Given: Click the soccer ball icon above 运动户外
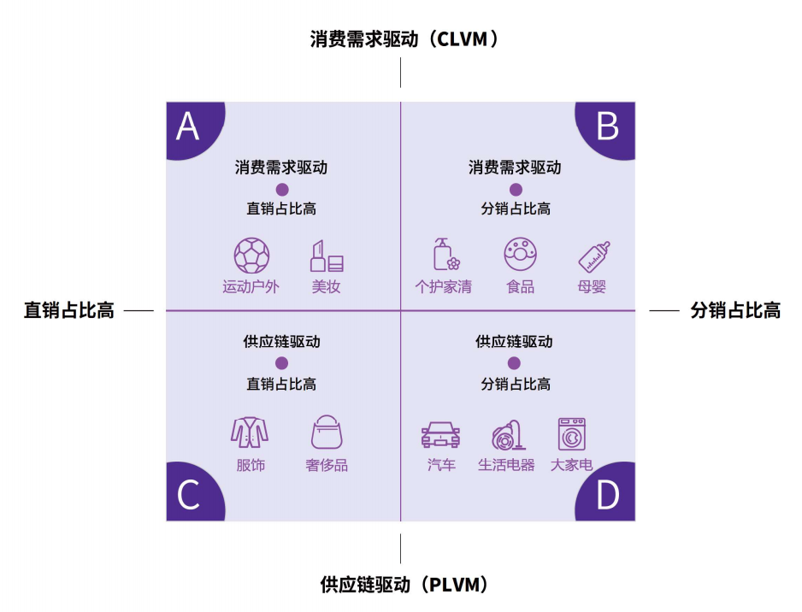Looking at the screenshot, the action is click(251, 256).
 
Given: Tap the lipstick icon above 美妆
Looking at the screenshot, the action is click(327, 256).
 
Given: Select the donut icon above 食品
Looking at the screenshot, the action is click(520, 254).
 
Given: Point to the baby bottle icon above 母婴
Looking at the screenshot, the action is click(594, 256).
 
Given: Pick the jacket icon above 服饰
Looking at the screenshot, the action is click(250, 433).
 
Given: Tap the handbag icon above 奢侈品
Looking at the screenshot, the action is click(327, 432).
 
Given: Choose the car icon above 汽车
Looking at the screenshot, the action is click(440, 434).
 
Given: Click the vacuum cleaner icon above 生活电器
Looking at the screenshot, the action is click(508, 435).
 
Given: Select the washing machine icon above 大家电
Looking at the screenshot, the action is click(572, 434).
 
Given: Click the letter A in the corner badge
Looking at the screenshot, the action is click(188, 127).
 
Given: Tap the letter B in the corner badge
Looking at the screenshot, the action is click(608, 127).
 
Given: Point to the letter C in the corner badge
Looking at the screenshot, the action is click(188, 495).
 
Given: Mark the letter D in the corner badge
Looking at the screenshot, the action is click(608, 495).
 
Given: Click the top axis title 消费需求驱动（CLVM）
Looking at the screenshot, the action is click(404, 38).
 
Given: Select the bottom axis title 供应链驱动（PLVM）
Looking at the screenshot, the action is click(404, 585).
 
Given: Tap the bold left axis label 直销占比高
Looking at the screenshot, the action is click(69, 310).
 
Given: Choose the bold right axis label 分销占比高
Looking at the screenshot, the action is click(735, 310).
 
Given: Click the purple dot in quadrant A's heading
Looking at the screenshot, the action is click(282, 190).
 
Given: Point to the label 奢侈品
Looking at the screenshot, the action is click(327, 465).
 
